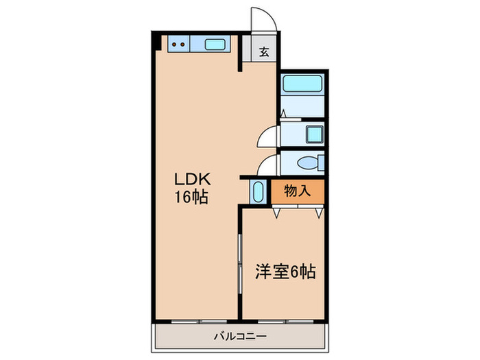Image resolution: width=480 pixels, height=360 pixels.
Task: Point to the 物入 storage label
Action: tap(298, 190)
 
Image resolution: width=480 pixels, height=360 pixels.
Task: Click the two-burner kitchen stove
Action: tap(179, 45)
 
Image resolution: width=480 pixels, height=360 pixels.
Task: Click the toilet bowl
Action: tap(308, 163)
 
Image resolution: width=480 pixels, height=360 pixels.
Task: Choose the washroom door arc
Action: tap(269, 134)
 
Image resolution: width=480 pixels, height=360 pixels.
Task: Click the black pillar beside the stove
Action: tap(157, 41)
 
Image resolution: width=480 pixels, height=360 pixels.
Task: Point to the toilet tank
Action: tap(321, 163)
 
